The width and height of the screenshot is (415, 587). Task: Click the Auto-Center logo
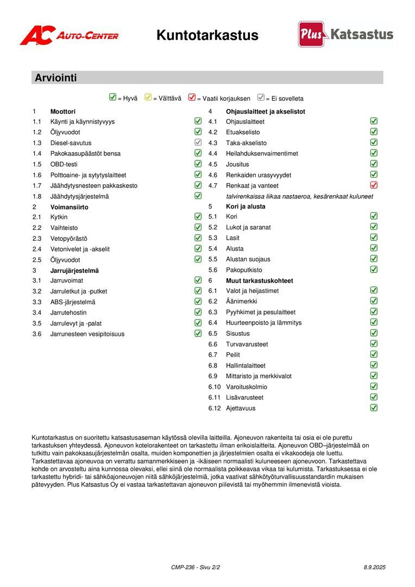point(69,35)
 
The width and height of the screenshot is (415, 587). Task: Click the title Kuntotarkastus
point(207,35)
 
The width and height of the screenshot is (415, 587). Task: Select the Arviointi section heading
point(56,78)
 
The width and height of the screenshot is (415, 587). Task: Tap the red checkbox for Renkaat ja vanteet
point(374,185)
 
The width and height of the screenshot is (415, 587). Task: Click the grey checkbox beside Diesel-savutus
point(198,142)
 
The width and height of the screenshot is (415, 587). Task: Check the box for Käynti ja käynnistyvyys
point(198,121)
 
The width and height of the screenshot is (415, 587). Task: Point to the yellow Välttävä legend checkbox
point(148,98)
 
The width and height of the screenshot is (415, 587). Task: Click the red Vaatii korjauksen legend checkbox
point(192,98)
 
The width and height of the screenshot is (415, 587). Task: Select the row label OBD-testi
point(65,164)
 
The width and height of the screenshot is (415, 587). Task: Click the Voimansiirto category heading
point(69,207)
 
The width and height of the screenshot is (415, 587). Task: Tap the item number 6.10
point(215,387)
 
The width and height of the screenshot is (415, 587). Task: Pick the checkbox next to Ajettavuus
point(374,408)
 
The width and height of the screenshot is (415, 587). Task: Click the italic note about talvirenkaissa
point(299,196)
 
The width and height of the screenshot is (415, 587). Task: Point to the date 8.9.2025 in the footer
point(374,567)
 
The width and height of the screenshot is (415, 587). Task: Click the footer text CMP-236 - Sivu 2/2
point(196,567)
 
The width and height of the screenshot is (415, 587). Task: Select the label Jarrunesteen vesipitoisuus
point(87,334)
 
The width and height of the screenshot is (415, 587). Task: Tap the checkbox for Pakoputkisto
point(374,270)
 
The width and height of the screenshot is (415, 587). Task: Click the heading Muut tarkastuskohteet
point(259,281)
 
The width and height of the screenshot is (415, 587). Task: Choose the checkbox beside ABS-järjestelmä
point(198,302)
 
